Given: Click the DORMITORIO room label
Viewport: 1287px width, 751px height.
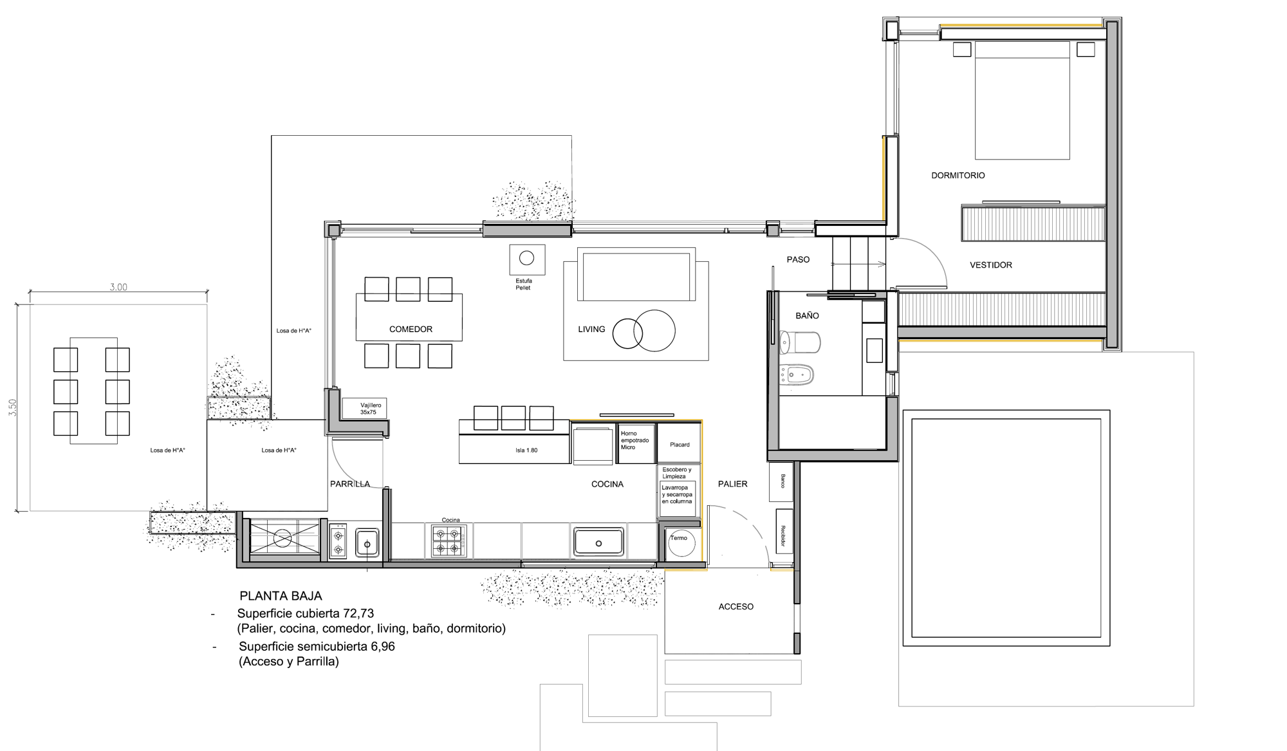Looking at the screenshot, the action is tap(958, 175).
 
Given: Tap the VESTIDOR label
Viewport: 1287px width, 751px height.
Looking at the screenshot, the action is tap(990, 265).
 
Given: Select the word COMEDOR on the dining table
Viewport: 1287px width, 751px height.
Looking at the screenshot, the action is tap(411, 329).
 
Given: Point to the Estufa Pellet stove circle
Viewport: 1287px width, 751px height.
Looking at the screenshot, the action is tap(526, 258).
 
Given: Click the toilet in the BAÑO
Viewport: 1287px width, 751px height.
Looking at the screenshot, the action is tap(799, 342).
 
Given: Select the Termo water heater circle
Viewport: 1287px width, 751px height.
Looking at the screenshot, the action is tap(681, 544).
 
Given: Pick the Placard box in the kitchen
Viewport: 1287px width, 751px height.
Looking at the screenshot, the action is tap(679, 443).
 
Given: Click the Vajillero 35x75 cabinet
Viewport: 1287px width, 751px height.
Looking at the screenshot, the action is tap(364, 409).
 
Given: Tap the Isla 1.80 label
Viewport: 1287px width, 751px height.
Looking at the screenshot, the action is tap(526, 450).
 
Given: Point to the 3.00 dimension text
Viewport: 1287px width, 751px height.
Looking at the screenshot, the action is tap(118, 287).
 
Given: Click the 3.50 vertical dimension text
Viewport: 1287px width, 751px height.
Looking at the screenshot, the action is tap(13, 407).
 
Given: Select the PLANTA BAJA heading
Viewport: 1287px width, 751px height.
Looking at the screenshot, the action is tap(281, 596).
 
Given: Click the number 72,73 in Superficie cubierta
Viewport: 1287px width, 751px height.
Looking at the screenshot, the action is tap(359, 613).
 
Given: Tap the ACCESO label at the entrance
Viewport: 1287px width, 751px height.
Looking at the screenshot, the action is tap(736, 607).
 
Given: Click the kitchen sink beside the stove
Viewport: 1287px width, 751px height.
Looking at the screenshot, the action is tap(598, 542).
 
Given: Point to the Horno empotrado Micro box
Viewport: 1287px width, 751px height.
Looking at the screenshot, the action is tap(636, 443).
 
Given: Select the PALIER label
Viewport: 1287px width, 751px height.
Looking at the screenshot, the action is tap(732, 484).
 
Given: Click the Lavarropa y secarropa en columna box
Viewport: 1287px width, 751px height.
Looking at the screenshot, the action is tap(678, 499).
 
